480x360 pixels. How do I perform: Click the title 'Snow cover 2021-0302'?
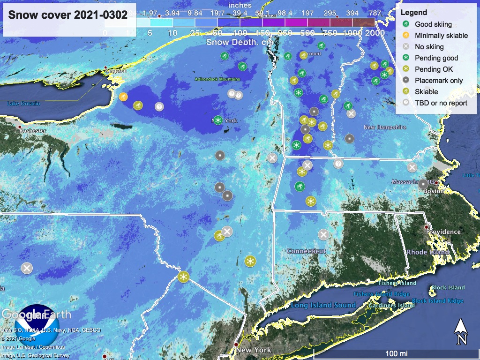[67, 15]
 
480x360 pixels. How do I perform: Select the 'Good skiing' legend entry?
[433, 24]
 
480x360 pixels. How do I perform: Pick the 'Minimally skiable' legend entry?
[441, 36]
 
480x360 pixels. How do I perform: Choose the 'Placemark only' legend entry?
[439, 81]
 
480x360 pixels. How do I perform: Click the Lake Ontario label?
[23, 104]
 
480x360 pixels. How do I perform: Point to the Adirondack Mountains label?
[217, 79]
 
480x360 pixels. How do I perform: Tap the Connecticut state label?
[306, 251]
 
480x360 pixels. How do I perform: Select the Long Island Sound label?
[323, 305]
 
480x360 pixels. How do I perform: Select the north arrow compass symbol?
[461, 331]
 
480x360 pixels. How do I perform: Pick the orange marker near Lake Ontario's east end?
[123, 97]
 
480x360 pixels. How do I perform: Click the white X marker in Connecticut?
[323, 234]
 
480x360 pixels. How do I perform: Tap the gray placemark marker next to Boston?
[423, 184]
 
